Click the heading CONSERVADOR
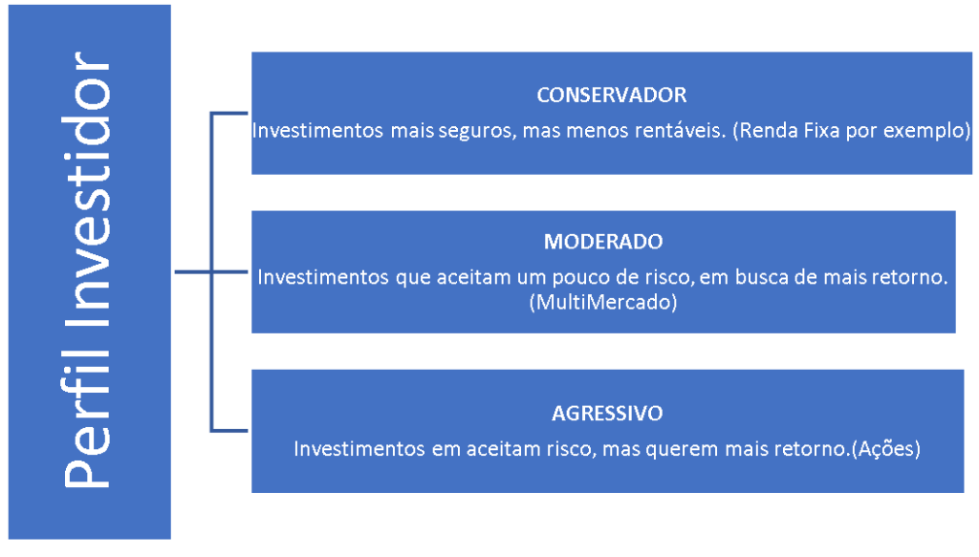611,95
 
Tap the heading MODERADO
603,242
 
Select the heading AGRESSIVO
607,414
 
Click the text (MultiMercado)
603,303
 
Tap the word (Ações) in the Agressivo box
886,449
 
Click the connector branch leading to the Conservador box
229,114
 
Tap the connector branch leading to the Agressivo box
229,430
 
